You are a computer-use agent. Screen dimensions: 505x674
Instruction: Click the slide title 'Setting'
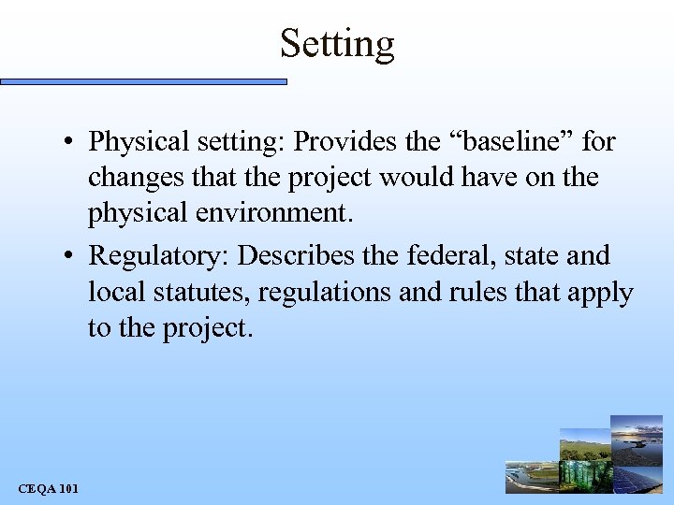coord(337,43)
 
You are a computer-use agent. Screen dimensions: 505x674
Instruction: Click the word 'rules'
coord(471,293)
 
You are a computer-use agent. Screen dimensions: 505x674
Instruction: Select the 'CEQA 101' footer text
coord(48,487)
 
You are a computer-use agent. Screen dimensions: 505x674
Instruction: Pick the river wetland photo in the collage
coord(531,478)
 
